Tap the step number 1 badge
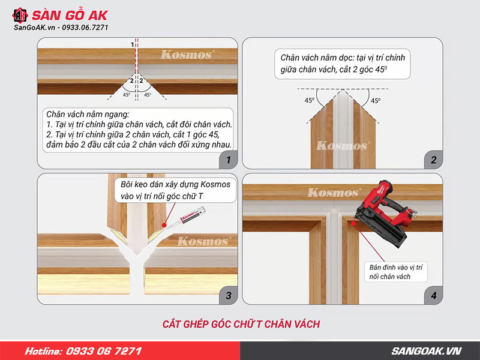point(226,160)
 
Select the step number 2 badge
point(433,160)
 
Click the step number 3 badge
point(226,295)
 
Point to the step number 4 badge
point(433,295)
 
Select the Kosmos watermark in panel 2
point(342,145)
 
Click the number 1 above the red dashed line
point(133,44)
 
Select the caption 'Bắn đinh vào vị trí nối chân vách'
point(397,271)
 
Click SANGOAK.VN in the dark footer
point(426,351)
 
